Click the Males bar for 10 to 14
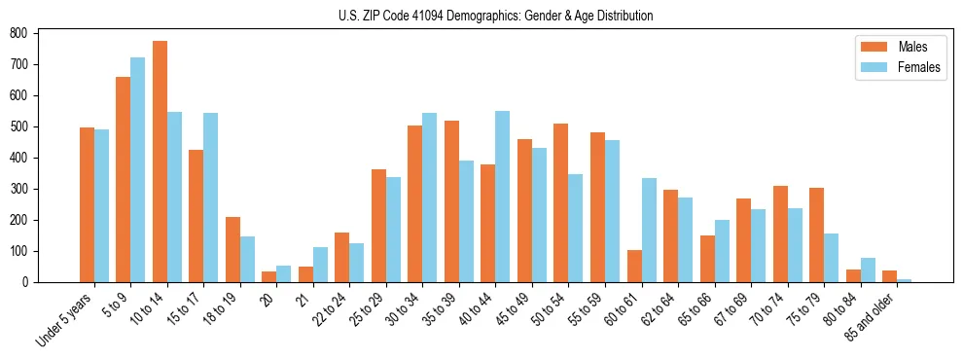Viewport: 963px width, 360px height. [160, 162]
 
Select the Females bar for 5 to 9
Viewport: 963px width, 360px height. [138, 169]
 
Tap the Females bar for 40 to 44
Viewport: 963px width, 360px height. [503, 197]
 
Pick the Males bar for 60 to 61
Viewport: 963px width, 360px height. [634, 266]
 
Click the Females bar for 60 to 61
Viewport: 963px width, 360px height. [649, 230]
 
